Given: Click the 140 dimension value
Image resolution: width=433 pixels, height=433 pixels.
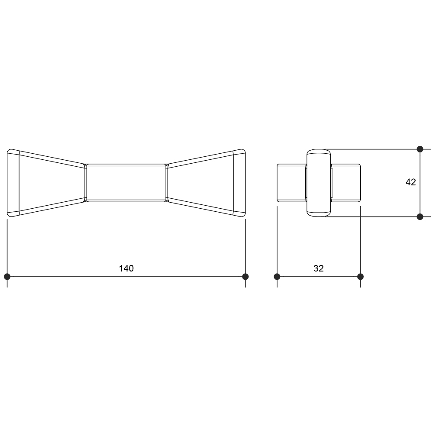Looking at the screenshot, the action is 126,268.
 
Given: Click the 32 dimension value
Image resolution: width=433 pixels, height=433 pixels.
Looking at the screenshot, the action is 318,268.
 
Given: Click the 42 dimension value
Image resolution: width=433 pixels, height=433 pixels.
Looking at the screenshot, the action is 410,182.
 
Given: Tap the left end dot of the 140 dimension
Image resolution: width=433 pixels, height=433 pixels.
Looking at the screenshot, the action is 7,276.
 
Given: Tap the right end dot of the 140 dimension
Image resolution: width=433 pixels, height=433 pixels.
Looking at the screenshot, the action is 245,276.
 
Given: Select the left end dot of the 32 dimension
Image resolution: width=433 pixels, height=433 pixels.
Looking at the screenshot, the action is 277,276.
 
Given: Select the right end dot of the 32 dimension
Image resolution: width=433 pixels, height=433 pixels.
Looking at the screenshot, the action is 360,276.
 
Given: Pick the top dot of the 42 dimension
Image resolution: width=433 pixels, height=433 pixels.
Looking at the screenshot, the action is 420,149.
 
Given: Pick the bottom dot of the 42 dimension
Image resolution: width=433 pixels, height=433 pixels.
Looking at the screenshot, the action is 420,217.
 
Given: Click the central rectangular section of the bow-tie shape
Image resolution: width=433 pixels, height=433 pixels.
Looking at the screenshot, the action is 126,183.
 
